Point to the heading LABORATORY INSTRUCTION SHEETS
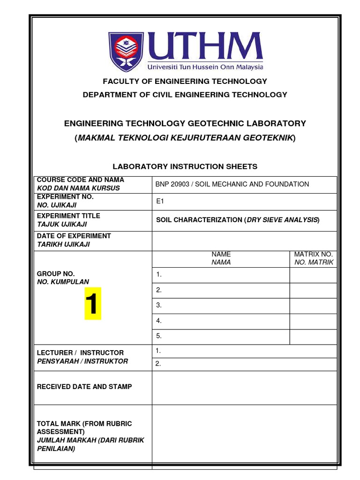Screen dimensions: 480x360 point(185,166)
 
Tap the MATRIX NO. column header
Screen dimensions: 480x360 point(313,254)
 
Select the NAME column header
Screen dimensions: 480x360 point(221,254)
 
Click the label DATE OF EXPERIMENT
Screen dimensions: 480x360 point(74,236)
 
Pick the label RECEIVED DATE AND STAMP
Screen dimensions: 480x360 point(84,387)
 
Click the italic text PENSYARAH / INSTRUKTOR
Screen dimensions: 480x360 point(82,361)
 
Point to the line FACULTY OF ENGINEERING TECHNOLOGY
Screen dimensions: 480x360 point(185,81)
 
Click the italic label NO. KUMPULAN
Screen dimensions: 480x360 point(63,282)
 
